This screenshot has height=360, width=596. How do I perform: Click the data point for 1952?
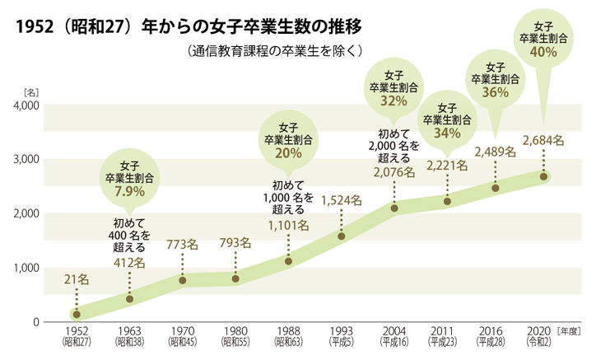click(77, 314)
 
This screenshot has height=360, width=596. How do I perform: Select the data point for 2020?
click(544, 176)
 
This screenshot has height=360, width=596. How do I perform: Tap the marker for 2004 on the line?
click(394, 208)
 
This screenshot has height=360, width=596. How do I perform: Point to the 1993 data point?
click(342, 236)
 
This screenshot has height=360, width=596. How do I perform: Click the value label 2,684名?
click(544, 140)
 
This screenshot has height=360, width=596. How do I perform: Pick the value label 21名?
click(76, 280)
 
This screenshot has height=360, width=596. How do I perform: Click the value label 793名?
click(235, 242)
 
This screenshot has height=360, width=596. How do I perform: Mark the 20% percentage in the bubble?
click(288, 153)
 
